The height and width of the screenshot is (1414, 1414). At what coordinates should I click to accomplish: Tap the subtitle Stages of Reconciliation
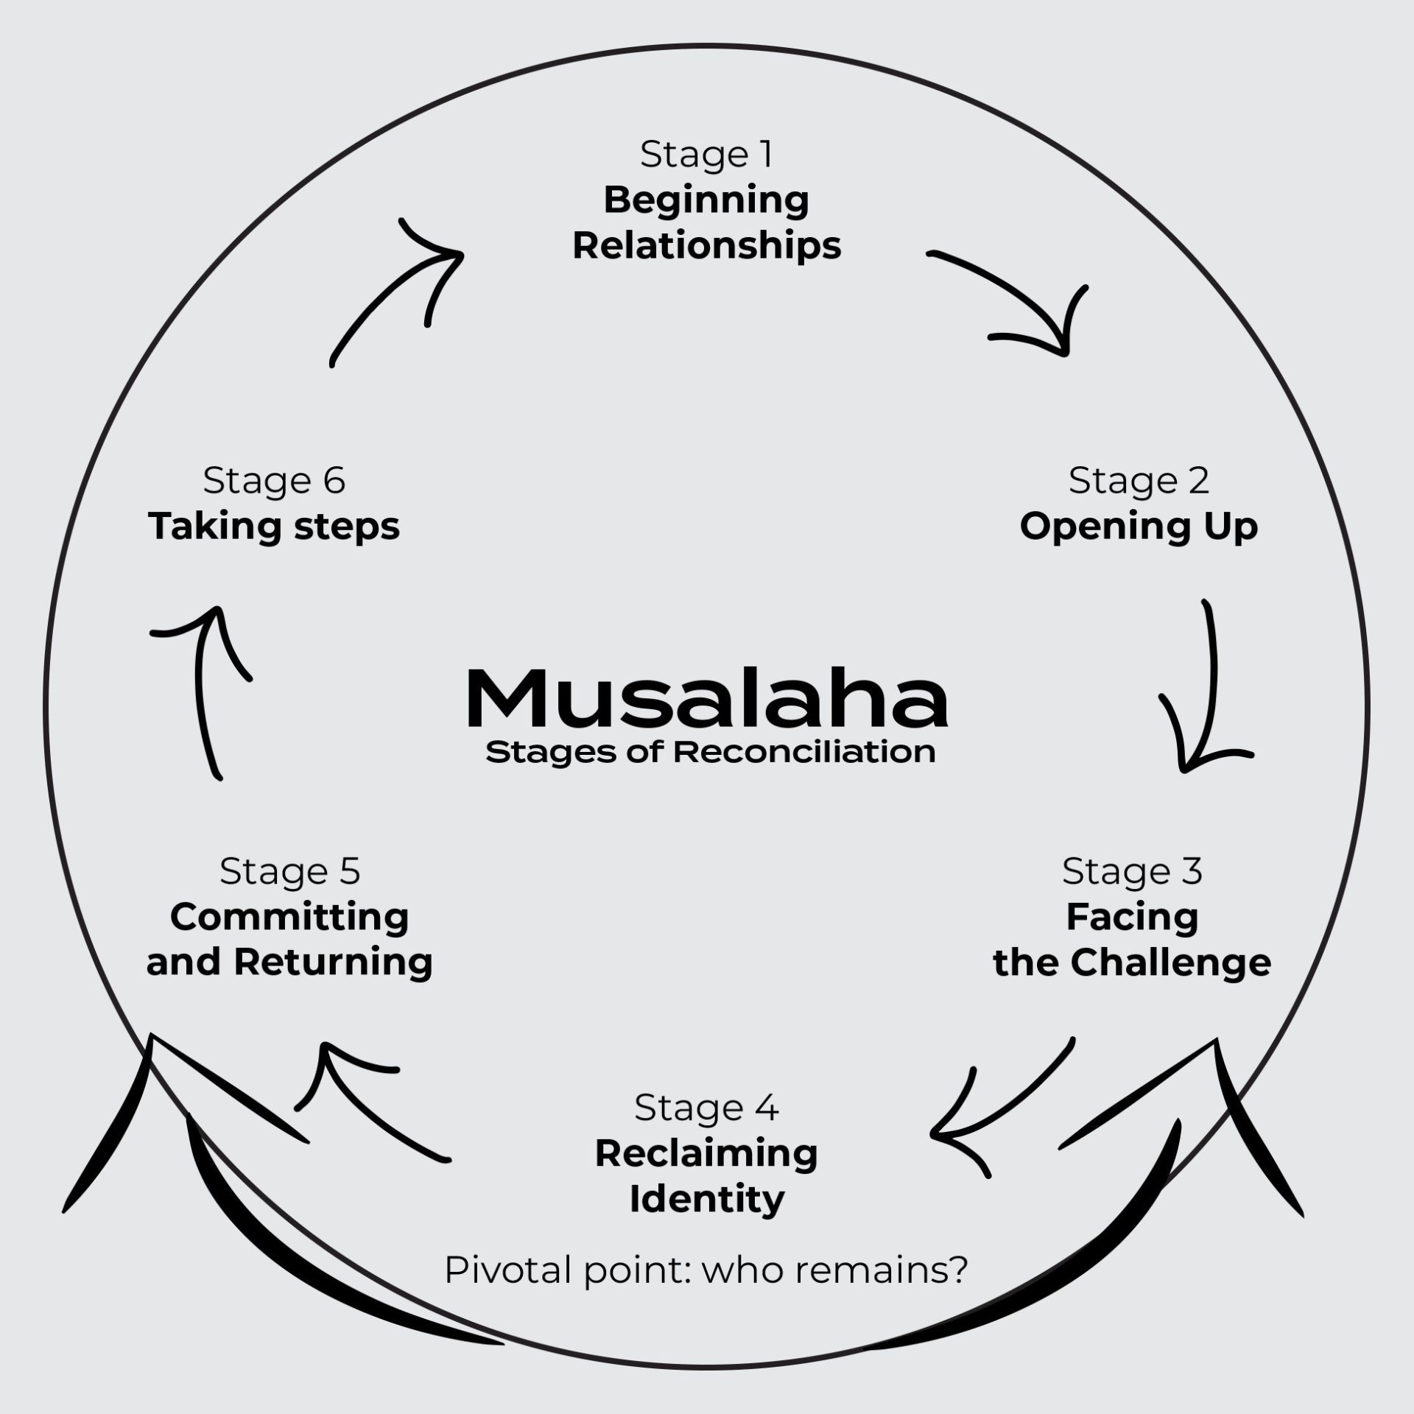(711, 753)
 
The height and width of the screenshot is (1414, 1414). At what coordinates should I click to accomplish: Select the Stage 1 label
(706, 155)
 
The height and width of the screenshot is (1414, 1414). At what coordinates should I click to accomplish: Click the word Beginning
(706, 201)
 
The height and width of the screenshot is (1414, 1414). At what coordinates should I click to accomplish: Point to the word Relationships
(706, 246)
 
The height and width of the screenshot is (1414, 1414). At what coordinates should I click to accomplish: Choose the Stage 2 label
(1139, 481)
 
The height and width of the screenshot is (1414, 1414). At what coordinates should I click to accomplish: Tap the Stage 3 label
(1132, 871)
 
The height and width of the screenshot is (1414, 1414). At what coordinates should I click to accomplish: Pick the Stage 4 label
(706, 1108)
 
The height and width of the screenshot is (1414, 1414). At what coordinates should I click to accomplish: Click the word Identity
(706, 1200)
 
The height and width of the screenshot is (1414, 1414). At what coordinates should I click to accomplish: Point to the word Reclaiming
(706, 1154)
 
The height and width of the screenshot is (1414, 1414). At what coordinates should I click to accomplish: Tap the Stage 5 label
(289, 871)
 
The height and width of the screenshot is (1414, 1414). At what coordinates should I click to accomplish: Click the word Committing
(289, 918)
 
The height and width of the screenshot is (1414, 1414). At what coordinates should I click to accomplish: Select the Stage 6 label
(274, 481)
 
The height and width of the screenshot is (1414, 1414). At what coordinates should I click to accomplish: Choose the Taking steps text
(274, 527)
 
